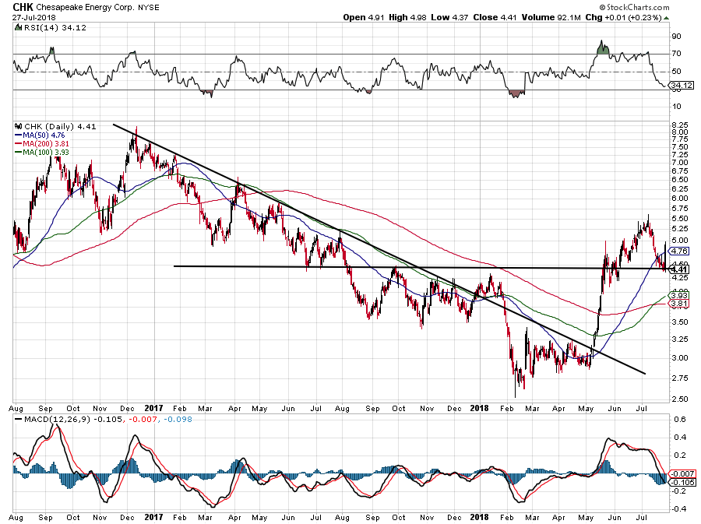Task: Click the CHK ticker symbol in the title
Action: [23, 6]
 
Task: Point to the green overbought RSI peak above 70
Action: [601, 47]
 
